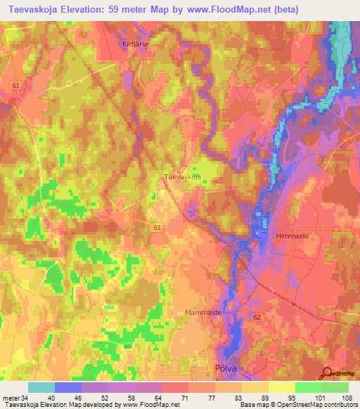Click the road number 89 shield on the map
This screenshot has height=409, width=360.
click(127, 346)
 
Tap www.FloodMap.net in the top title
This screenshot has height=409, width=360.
click(237, 10)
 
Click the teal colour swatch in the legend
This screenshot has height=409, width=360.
click(41, 387)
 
